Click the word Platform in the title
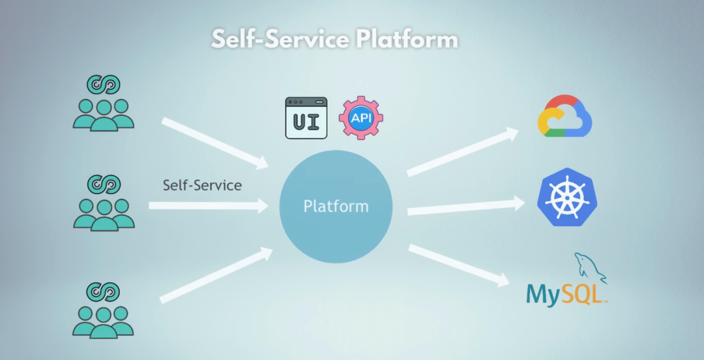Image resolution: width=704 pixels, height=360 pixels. tap(407, 39)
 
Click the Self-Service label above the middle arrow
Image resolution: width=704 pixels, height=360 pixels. tap(202, 185)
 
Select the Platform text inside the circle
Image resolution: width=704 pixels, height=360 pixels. tap(336, 207)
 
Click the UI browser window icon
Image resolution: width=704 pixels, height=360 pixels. tap(306, 118)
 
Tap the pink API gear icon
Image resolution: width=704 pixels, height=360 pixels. tap(360, 117)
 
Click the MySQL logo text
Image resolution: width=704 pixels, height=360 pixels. tap(566, 294)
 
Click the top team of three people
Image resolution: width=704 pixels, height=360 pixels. tap(104, 113)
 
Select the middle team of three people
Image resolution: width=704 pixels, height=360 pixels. tap(104, 213)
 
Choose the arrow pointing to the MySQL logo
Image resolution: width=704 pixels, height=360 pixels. tap(459, 264)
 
